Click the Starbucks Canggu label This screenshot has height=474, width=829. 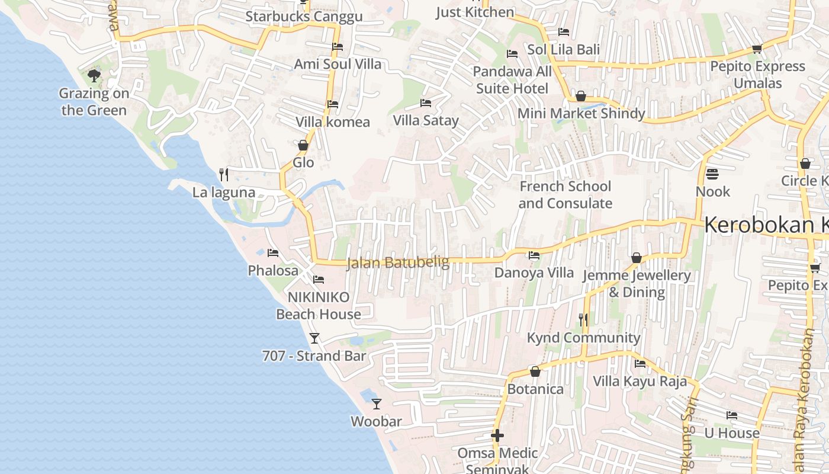tap(304, 17)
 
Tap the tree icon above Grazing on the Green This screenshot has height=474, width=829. tap(94, 75)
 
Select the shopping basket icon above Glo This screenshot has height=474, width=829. tap(303, 145)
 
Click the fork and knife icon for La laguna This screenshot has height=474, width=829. tap(224, 174)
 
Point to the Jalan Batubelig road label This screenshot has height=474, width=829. tap(398, 262)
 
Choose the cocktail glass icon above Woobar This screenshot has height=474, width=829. tap(377, 404)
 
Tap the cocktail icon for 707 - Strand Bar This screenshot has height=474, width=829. tap(314, 338)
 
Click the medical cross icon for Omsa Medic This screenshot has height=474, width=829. tap(497, 436)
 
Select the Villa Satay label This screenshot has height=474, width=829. tap(426, 121)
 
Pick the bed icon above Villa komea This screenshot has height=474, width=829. tap(333, 104)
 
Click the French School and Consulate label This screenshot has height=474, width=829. tap(565, 195)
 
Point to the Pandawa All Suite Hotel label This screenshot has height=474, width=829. tap(512, 80)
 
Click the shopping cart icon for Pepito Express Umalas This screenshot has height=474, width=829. tap(757, 49)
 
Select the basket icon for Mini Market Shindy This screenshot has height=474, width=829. tap(581, 96)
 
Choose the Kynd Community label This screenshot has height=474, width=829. tap(583, 338)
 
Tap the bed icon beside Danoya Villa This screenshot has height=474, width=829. tap(534, 255)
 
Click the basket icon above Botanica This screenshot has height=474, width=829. tap(535, 371)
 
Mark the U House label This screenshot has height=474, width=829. tap(731, 433)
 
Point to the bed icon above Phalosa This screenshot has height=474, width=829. tap(273, 252)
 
